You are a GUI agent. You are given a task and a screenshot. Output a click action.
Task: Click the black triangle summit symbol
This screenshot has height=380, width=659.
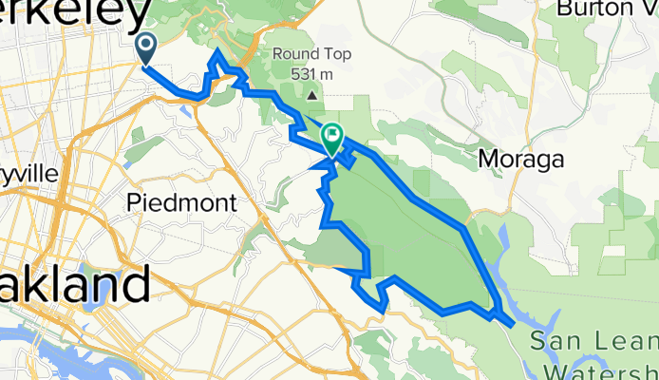[311, 95]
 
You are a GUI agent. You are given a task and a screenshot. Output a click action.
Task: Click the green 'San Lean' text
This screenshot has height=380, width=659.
[593, 340]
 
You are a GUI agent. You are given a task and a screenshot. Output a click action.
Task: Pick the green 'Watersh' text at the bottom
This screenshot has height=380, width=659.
[598, 369]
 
